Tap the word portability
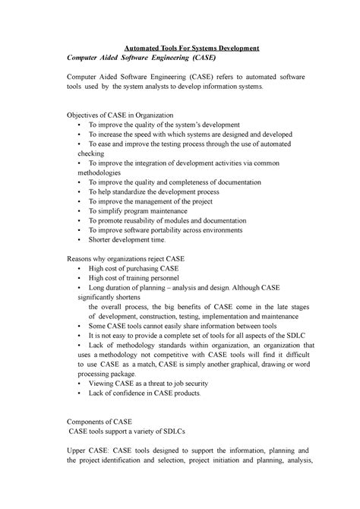tap(159, 229)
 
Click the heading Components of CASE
tap(100, 420)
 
